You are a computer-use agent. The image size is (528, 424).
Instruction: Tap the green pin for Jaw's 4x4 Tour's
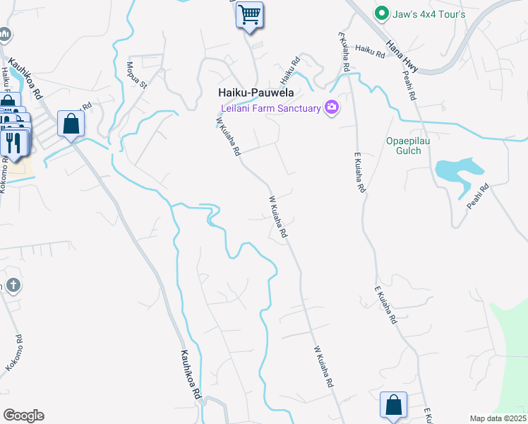coord(382,13)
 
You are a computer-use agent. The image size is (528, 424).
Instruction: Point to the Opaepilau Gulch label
coord(403,146)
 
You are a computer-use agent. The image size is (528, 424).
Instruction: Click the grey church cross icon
coord(12,285)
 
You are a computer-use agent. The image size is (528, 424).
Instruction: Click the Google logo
coord(23,416)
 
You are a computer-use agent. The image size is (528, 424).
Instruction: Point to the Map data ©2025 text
coord(498,418)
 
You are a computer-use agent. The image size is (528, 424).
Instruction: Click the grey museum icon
coord(5,33)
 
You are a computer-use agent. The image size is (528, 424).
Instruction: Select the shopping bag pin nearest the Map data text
coord(393,406)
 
